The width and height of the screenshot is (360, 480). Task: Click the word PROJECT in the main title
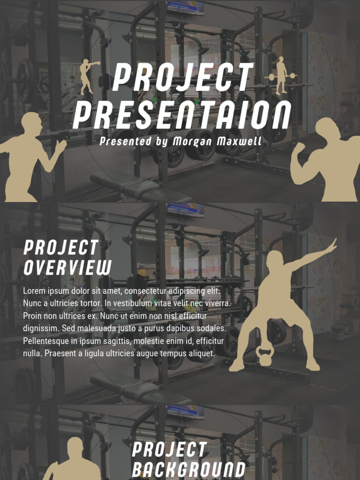[x=182, y=78]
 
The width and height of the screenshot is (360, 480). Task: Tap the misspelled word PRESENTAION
[x=182, y=116]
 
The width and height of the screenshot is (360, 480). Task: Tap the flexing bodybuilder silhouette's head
[x=326, y=128]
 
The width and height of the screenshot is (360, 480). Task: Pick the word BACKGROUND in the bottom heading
[x=188, y=469]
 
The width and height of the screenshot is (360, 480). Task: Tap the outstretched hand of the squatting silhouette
[x=332, y=245]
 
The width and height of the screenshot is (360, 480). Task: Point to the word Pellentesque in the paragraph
[x=50, y=341]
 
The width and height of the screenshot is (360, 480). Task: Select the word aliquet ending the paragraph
[x=202, y=353]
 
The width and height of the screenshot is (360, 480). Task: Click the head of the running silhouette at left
[x=32, y=124]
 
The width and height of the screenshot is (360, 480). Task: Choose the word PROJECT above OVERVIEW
[x=61, y=247]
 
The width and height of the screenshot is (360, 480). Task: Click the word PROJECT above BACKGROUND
[x=169, y=450]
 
